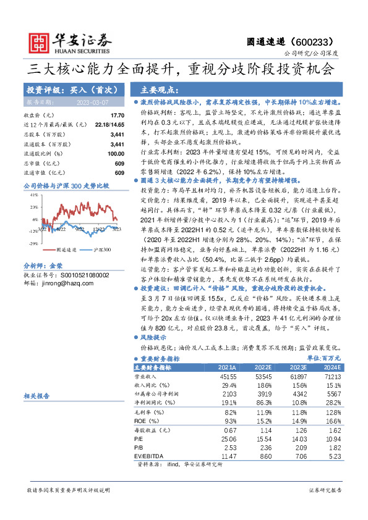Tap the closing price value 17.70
(117, 115)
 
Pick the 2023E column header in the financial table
(302, 366)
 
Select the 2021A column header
(228, 366)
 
